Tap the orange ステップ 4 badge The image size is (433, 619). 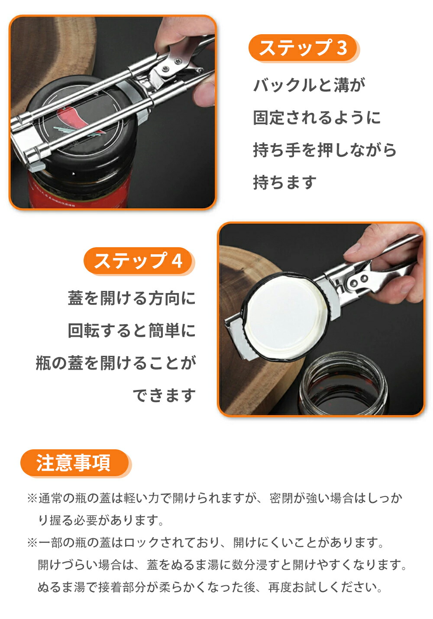pyautogui.click(x=139, y=261)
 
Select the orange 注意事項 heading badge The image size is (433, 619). pyautogui.click(x=75, y=463)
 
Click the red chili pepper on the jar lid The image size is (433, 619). pyautogui.click(x=71, y=119)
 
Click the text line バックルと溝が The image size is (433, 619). pyautogui.click(x=309, y=84)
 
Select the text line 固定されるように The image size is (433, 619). pyautogui.click(x=317, y=117)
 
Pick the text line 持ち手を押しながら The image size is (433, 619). pyautogui.click(x=325, y=150)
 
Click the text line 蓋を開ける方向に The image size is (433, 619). pyautogui.click(x=132, y=298)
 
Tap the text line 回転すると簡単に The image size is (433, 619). pyautogui.click(x=132, y=330)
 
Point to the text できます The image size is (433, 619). pyautogui.click(x=164, y=395)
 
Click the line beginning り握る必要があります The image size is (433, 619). pyautogui.click(x=100, y=520)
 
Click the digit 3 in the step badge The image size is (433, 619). pyautogui.click(x=342, y=48)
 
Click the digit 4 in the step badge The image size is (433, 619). pyautogui.click(x=177, y=261)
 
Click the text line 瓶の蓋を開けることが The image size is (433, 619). pyautogui.click(x=116, y=363)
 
